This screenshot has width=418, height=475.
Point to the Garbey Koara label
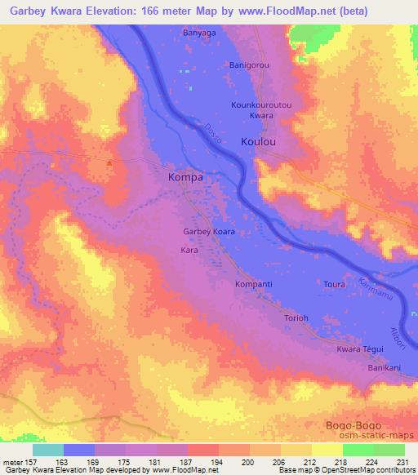(208, 232)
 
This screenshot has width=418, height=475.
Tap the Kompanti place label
(253, 284)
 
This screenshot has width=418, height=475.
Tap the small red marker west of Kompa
(109, 162)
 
